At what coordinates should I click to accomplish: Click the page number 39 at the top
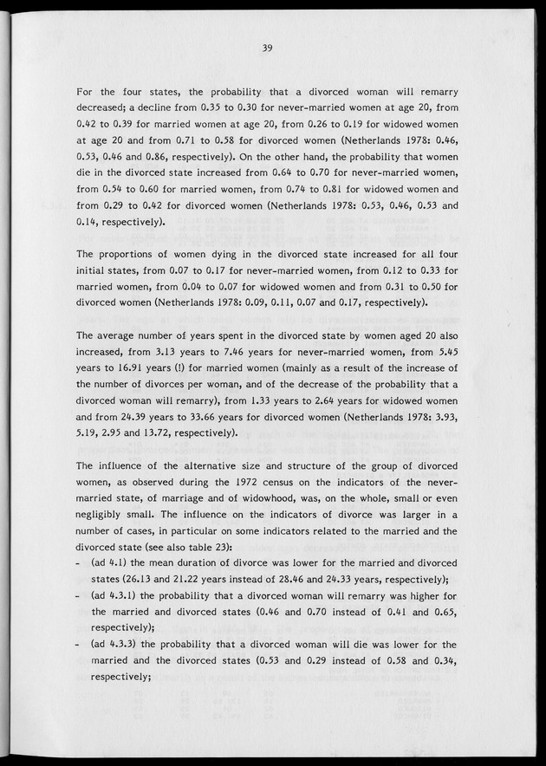pos(267,49)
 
